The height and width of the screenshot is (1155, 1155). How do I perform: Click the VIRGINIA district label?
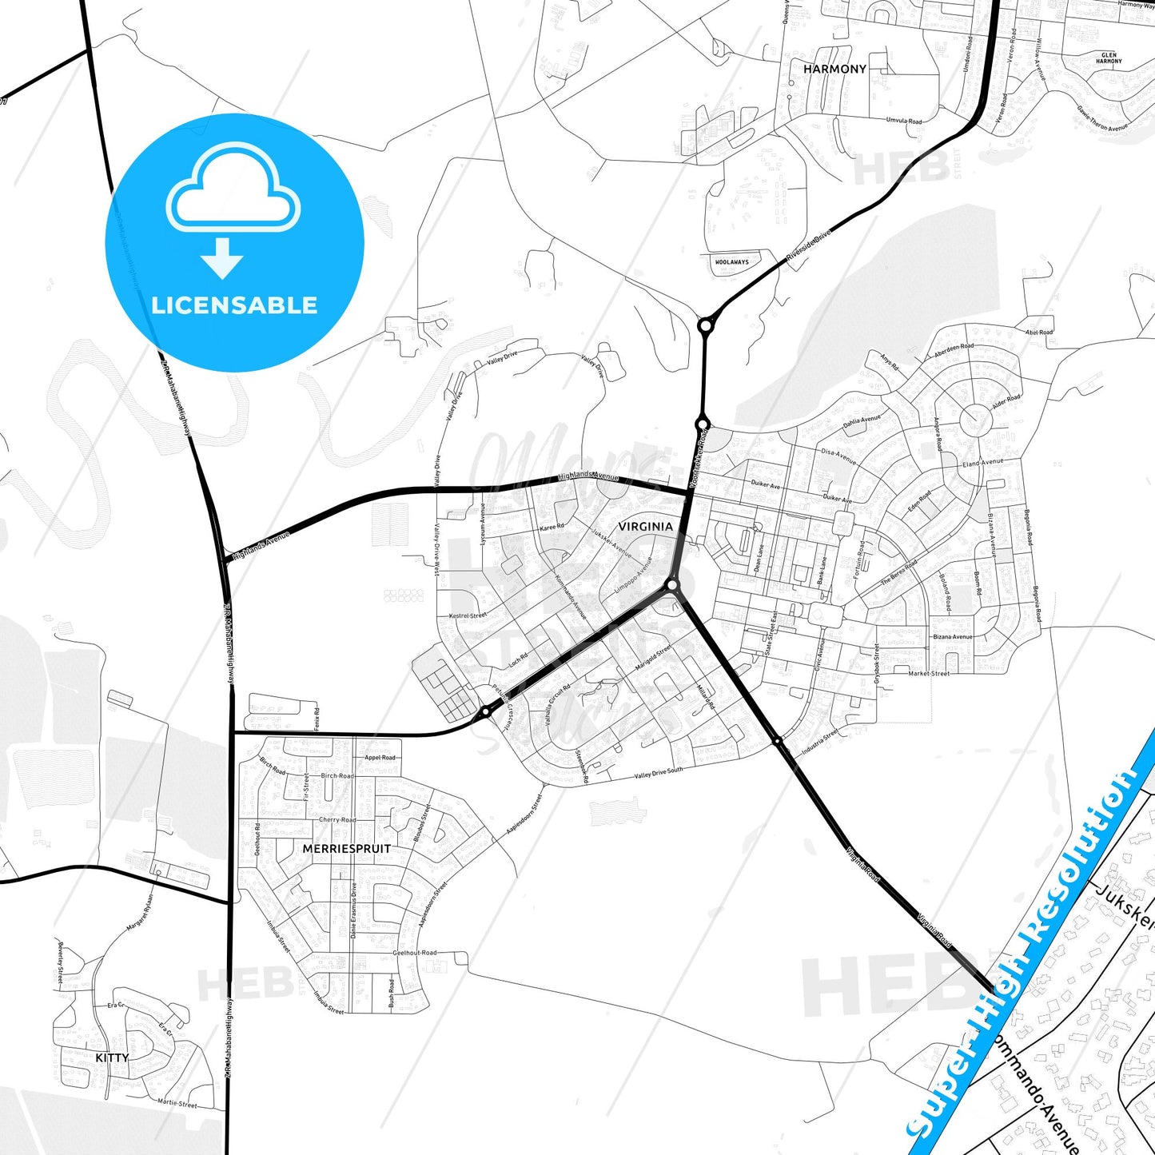point(645,526)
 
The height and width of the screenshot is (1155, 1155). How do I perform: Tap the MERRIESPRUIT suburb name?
point(347,848)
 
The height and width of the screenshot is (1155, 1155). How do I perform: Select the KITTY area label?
point(112,1057)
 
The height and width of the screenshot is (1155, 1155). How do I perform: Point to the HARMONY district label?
point(834,70)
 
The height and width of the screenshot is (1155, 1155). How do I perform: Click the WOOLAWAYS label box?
point(732,262)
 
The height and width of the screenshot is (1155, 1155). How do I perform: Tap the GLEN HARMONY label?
point(1109,58)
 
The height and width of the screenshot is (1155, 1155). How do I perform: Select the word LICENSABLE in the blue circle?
point(234,305)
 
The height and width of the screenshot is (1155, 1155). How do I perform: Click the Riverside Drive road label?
point(809,245)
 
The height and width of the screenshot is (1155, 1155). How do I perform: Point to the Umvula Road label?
point(903,121)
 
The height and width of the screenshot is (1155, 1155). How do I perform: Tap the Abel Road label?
point(1039,333)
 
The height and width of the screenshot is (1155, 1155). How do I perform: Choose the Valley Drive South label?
point(659,773)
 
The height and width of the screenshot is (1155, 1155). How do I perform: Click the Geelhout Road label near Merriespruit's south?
point(415,953)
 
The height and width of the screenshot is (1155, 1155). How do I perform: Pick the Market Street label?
point(929,674)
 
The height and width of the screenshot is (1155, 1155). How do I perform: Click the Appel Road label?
point(380,758)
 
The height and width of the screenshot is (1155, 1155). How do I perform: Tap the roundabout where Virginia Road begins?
point(672,586)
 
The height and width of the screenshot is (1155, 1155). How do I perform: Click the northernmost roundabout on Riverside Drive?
point(705,326)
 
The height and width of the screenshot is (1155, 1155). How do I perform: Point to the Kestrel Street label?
point(468,615)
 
